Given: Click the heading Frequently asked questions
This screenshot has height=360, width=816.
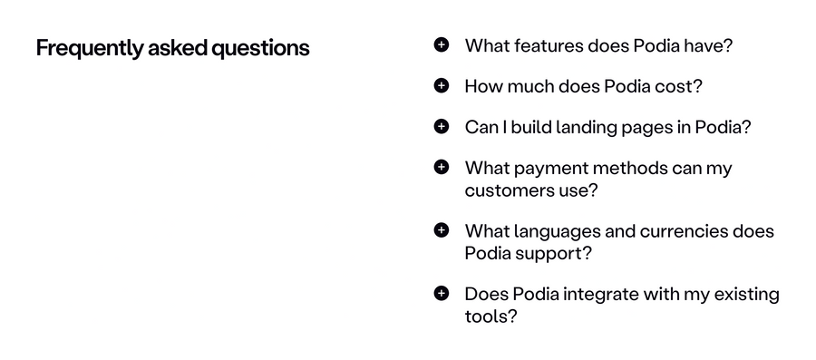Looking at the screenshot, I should [172, 48].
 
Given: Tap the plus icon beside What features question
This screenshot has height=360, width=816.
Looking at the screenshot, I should [442, 44].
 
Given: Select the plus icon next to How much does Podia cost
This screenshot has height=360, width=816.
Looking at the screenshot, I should [442, 85].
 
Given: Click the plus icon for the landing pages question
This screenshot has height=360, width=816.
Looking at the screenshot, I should [442, 126].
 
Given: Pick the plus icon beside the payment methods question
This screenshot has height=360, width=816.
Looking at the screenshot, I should [442, 167].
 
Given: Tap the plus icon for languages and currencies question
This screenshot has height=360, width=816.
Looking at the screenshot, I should [442, 230].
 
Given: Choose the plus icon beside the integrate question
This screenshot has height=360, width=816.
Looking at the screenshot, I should [442, 293].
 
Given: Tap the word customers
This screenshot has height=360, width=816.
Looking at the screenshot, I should [507, 190].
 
